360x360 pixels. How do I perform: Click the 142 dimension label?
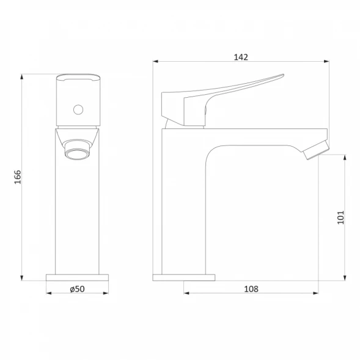pyautogui.click(x=241, y=57)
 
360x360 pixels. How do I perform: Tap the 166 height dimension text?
pyautogui.click(x=18, y=177)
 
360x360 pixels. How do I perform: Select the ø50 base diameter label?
pyautogui.click(x=78, y=289)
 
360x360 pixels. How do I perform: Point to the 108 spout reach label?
pyautogui.click(x=251, y=289)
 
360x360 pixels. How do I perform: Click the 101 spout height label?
pyautogui.click(x=341, y=218)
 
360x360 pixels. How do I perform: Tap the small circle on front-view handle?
pyautogui.click(x=78, y=110)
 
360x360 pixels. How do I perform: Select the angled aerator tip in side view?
pyautogui.click(x=316, y=150)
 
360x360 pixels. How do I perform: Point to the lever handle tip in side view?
pyautogui.click(x=283, y=75)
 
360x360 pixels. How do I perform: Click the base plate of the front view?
pyautogui.click(x=78, y=277)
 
